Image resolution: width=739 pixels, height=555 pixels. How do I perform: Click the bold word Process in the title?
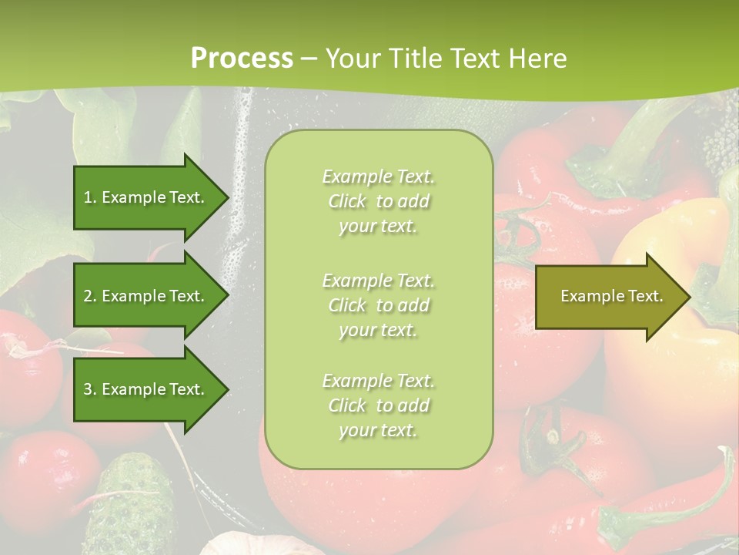point(242,59)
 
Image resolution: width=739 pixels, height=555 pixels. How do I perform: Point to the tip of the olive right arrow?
point(689,296)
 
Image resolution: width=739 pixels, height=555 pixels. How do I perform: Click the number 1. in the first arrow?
point(90,197)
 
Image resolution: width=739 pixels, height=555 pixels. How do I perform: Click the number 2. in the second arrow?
point(90,296)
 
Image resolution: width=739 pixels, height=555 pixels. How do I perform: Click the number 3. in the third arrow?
point(90,389)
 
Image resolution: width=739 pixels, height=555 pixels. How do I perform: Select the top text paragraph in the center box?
point(378,201)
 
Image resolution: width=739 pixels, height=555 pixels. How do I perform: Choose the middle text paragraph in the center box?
point(378,305)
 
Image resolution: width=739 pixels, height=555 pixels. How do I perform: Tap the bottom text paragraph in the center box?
point(378,405)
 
